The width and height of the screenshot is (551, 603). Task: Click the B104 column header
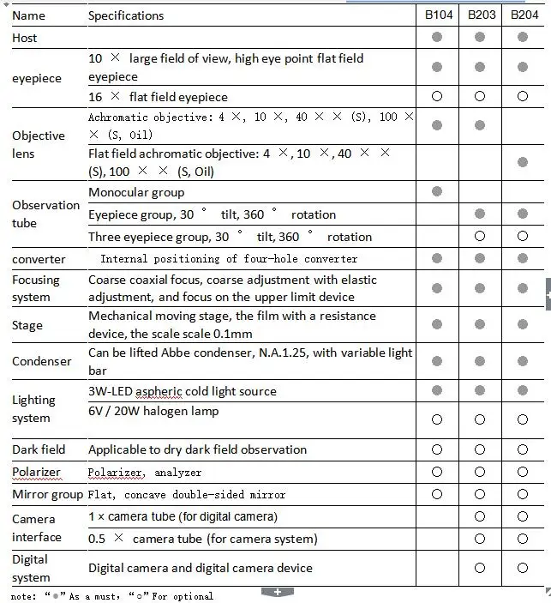coord(437,15)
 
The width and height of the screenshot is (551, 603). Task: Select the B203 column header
coord(480,15)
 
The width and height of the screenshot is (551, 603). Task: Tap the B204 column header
coord(524,15)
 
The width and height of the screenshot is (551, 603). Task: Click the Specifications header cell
coord(126,15)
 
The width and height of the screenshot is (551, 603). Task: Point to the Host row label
coord(25,38)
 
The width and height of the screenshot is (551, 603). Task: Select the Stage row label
coord(27,325)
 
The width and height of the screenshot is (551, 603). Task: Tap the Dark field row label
coord(39,449)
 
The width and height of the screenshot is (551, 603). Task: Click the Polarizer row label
coord(38,472)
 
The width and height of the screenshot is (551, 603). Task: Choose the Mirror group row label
coord(48,494)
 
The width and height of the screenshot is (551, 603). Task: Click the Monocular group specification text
coord(136,192)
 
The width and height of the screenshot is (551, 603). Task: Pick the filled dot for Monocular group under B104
coord(437,192)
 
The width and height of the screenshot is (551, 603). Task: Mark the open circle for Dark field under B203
coord(480,449)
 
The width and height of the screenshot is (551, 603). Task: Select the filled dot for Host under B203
coord(480,38)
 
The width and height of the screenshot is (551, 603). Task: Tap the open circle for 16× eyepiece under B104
coord(437,97)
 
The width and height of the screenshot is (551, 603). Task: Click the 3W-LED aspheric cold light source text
coord(183,391)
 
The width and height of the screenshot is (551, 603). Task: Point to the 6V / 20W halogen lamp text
coord(153,412)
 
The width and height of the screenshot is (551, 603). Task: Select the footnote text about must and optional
coord(112,595)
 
